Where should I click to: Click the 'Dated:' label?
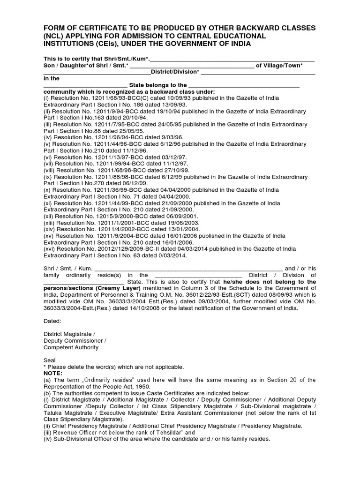click(x=52, y=321)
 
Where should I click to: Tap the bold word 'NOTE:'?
click(x=52, y=374)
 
